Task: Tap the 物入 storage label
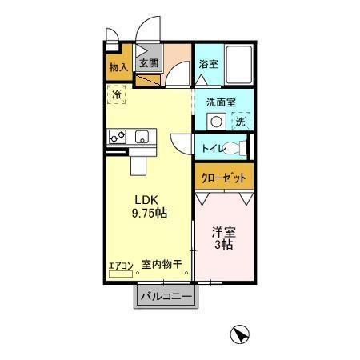click(118, 67)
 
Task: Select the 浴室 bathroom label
click(208, 63)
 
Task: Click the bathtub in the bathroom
click(239, 64)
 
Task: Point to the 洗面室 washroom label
click(222, 102)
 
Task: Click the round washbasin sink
click(215, 121)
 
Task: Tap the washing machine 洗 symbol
click(241, 122)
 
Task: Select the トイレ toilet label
click(213, 148)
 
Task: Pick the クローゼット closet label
click(223, 177)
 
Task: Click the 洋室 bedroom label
click(223, 231)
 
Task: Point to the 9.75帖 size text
click(149, 213)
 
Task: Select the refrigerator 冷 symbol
click(117, 94)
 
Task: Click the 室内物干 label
click(162, 264)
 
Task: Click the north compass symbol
click(238, 334)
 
